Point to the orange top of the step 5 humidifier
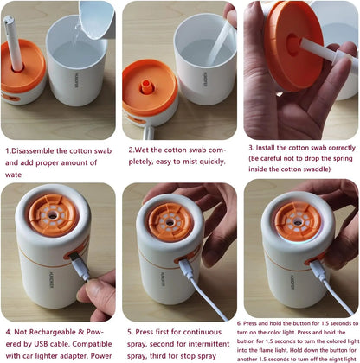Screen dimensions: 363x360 tap(170, 221)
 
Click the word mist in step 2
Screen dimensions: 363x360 tap(183, 162)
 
